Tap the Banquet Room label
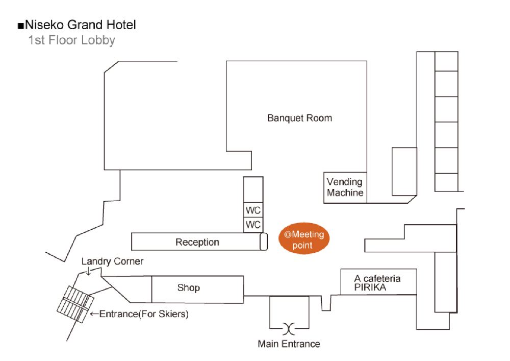click(299, 118)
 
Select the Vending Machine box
click(345, 187)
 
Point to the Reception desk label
click(197, 242)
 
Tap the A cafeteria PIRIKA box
click(378, 282)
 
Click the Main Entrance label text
click(289, 344)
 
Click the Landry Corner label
click(112, 261)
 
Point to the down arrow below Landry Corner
click(88, 272)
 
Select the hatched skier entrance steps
click(74, 303)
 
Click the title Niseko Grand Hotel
click(80, 25)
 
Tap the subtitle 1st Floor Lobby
click(72, 40)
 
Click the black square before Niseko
click(20, 25)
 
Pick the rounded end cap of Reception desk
click(263, 242)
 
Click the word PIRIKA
click(371, 287)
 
